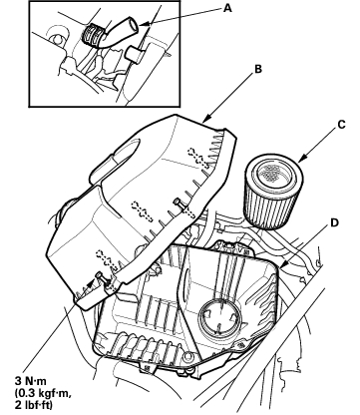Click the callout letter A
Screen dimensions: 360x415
pos(227,8)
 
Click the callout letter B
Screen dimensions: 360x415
pos(258,69)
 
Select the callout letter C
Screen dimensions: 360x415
pos(341,125)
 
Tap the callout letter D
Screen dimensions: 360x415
pos(334,222)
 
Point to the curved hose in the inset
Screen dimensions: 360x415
pos(119,33)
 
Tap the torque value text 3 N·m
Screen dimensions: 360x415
pos(31,380)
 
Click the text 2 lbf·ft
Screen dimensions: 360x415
pos(34,405)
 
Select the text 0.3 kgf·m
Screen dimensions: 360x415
pos(43,393)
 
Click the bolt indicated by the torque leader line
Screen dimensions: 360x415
pos(100,275)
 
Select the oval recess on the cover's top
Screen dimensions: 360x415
pos(127,151)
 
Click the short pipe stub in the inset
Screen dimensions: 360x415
pos(134,54)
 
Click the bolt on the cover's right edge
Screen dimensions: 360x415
pos(179,202)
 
